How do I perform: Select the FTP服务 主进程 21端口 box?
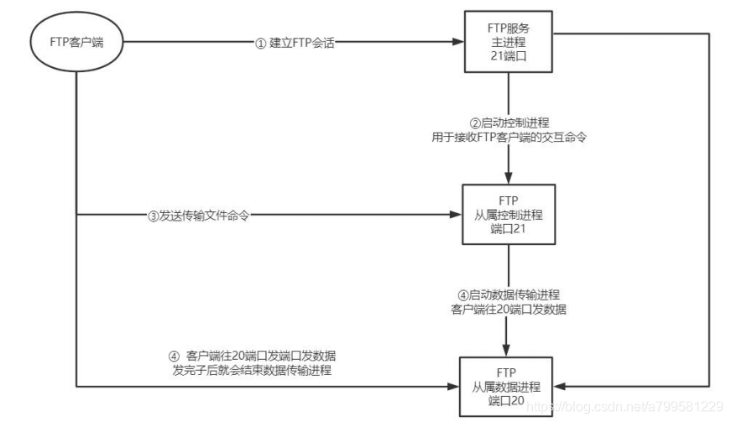point(509,43)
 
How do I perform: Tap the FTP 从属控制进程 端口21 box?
point(509,214)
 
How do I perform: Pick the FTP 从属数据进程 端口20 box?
point(509,385)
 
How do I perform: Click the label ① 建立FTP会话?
point(295,43)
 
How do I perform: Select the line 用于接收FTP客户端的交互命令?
point(509,138)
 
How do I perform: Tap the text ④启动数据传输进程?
point(509,294)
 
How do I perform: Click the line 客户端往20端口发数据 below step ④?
point(509,309)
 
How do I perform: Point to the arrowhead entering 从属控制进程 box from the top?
point(509,180)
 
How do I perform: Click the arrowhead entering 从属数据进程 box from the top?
point(509,351)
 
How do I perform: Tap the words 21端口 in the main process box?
point(509,58)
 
